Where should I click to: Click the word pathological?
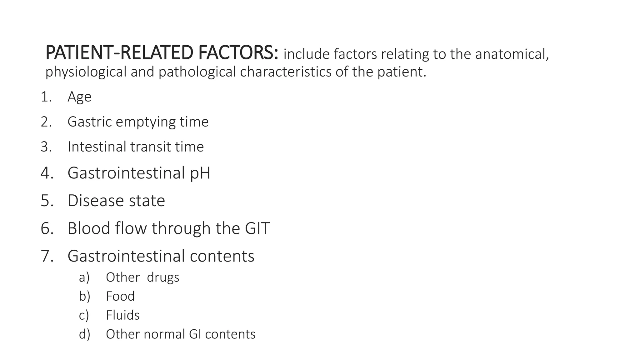pos(197,72)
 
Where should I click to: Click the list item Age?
pos(79,97)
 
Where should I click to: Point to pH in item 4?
pos(200,173)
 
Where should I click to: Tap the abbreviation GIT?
pos(257,228)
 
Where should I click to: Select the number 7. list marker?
pos(47,256)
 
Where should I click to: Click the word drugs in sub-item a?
pos(163,277)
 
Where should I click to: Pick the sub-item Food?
pos(120,296)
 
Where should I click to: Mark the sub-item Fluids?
pos(122,315)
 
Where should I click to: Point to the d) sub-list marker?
pos(84,334)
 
